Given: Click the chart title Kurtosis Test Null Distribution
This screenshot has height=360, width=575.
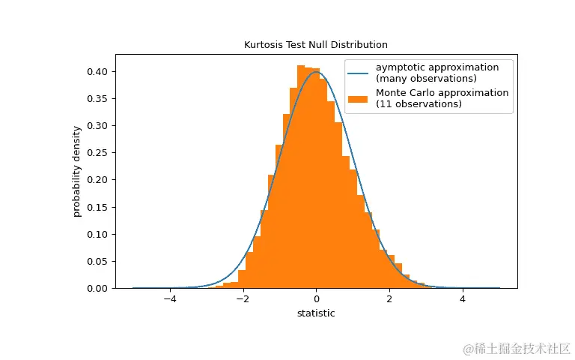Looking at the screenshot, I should tap(316, 45).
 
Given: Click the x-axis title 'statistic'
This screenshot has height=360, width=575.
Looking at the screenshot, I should tap(316, 313).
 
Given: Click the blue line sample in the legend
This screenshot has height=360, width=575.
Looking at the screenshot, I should tap(359, 73).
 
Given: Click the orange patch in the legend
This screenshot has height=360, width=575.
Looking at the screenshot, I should tap(359, 98).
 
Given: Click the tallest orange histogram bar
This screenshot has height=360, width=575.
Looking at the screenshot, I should tap(301, 180).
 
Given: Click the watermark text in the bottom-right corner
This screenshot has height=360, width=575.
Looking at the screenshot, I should tap(517, 349).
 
